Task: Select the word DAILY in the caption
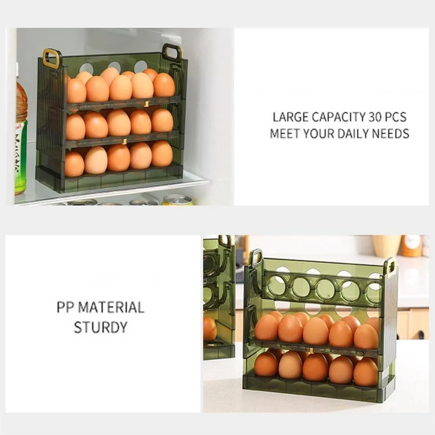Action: tap(353, 134)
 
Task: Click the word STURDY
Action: tap(100, 327)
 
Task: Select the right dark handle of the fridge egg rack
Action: tap(172, 52)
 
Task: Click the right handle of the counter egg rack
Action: tap(390, 266)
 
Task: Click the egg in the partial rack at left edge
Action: tap(210, 328)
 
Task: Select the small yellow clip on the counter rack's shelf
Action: tap(311, 350)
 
